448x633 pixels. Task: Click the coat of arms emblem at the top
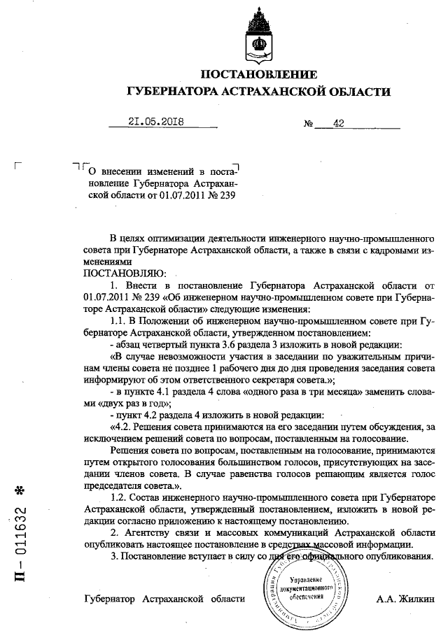pyautogui.click(x=258, y=35)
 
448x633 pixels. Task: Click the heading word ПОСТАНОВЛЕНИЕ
pyautogui.click(x=259, y=74)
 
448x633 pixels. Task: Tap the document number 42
pyautogui.click(x=339, y=123)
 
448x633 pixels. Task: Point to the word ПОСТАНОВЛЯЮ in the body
pyautogui.click(x=124, y=272)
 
